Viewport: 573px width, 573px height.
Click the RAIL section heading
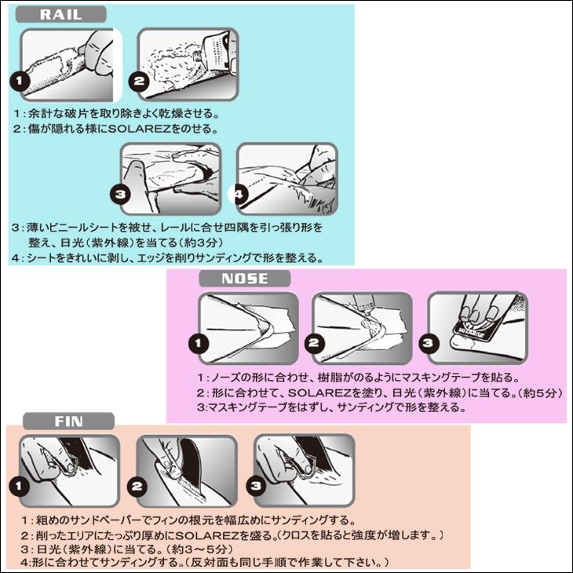(x=60, y=15)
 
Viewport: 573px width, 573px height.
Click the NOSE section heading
(x=244, y=279)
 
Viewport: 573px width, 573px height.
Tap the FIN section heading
(x=69, y=422)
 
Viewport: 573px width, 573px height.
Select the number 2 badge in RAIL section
(x=138, y=80)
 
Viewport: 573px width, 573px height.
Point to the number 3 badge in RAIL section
(x=120, y=194)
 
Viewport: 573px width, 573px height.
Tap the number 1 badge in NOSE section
(x=199, y=344)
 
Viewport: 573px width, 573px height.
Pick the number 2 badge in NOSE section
(x=314, y=344)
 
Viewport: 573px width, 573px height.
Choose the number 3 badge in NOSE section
(x=429, y=344)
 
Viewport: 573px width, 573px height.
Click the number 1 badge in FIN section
(x=19, y=487)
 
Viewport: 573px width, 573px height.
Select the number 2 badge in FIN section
(x=137, y=487)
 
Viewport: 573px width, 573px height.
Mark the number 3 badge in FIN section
(x=256, y=486)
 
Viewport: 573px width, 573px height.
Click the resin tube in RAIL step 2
(x=214, y=51)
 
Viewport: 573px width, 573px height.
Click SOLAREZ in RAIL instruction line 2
(x=140, y=129)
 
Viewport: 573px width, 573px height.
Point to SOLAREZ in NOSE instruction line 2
(x=319, y=392)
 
